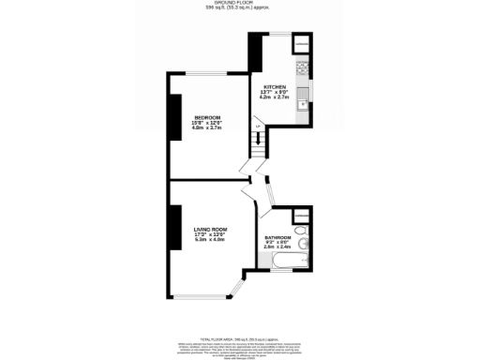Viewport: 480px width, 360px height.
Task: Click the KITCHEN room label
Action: click(x=275, y=85)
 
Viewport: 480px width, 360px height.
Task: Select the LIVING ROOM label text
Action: click(x=211, y=230)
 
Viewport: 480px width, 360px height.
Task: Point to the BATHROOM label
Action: click(x=278, y=238)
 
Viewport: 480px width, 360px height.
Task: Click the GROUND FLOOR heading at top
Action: click(x=241, y=4)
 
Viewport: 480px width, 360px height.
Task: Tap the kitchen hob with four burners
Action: click(x=303, y=68)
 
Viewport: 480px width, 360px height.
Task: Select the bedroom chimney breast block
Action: click(x=174, y=117)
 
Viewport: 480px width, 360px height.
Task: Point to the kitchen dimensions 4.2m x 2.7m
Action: click(x=275, y=97)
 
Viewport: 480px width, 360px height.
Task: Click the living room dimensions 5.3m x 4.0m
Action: click(x=211, y=240)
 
